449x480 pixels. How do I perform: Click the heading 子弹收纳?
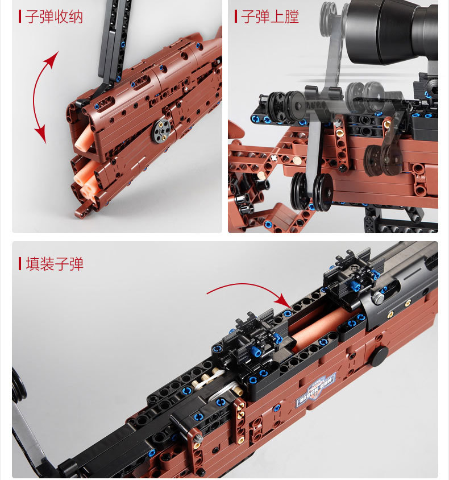[54, 16]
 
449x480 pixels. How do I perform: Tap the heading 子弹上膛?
[270, 16]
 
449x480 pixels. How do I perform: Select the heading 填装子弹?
[55, 264]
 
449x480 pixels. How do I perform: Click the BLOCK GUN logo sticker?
[317, 390]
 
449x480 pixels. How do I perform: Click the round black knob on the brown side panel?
[380, 355]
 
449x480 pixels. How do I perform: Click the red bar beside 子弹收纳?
[20, 16]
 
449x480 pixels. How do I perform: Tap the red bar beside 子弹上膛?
[236, 16]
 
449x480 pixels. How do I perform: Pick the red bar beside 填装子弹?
[20, 263]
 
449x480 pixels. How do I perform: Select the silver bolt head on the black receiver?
[379, 297]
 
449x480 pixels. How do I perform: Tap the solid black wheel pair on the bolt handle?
[311, 191]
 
